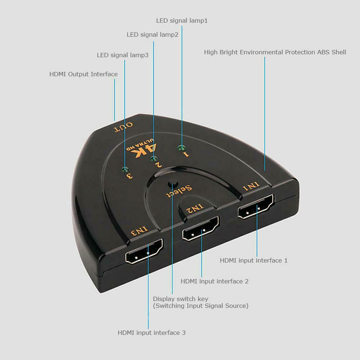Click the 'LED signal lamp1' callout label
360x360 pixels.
click(x=182, y=21)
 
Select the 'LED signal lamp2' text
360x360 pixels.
click(x=153, y=35)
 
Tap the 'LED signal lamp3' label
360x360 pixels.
click(x=122, y=55)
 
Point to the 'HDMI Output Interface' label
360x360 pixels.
click(x=84, y=74)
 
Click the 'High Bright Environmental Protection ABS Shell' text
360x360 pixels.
click(x=275, y=52)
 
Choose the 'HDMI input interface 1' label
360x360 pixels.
click(x=254, y=261)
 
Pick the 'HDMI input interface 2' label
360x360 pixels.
click(x=215, y=281)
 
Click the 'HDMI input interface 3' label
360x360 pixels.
click(x=152, y=333)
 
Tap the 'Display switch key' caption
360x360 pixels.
click(x=180, y=299)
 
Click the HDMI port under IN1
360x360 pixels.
click(x=256, y=207)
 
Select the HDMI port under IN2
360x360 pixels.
click(x=201, y=229)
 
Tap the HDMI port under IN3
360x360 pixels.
click(x=144, y=251)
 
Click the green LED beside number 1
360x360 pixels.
click(x=181, y=148)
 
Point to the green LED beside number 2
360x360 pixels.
click(x=153, y=158)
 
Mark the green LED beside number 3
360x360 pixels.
click(x=125, y=170)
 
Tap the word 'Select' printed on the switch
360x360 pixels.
click(x=179, y=191)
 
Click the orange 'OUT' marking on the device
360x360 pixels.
click(x=123, y=127)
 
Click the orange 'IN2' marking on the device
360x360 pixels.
click(x=195, y=208)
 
